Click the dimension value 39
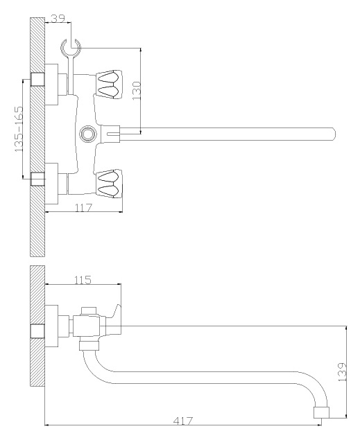[x=58, y=18]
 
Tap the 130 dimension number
[x=137, y=91]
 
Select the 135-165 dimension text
[x=19, y=129]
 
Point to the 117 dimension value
[x=83, y=208]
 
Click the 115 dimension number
[x=83, y=280]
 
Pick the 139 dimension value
[x=342, y=372]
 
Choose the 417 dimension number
[x=183, y=421]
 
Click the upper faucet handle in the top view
[x=109, y=84]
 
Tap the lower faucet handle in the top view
[x=109, y=184]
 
